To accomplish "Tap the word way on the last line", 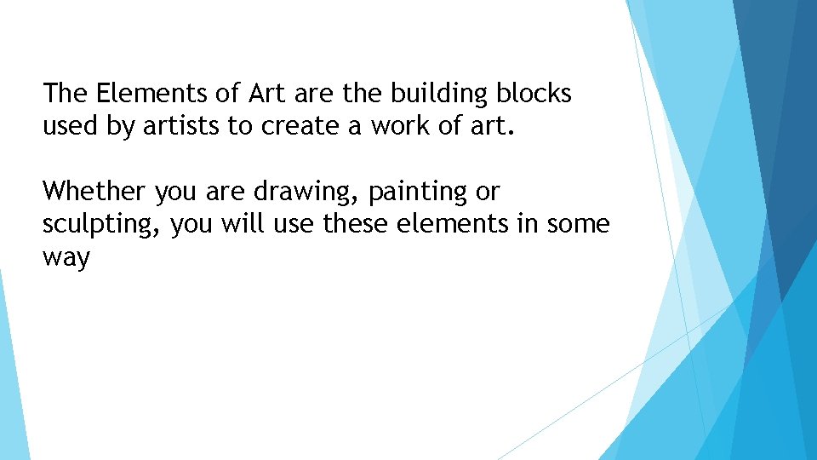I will coord(66,258).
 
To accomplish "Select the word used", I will coord(66,126).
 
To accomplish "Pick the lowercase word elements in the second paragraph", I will coord(461,224).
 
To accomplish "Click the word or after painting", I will coord(488,192).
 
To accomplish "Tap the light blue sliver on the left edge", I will coord(10,383).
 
